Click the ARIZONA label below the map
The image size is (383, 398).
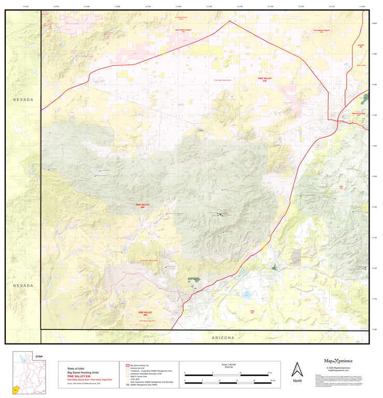click(223, 337)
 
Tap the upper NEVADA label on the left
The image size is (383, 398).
click(23, 99)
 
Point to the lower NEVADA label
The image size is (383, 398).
click(23, 286)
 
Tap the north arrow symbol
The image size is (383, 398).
click(297, 368)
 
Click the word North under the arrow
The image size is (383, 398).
click(297, 381)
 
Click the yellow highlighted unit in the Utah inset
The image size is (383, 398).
click(16, 388)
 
